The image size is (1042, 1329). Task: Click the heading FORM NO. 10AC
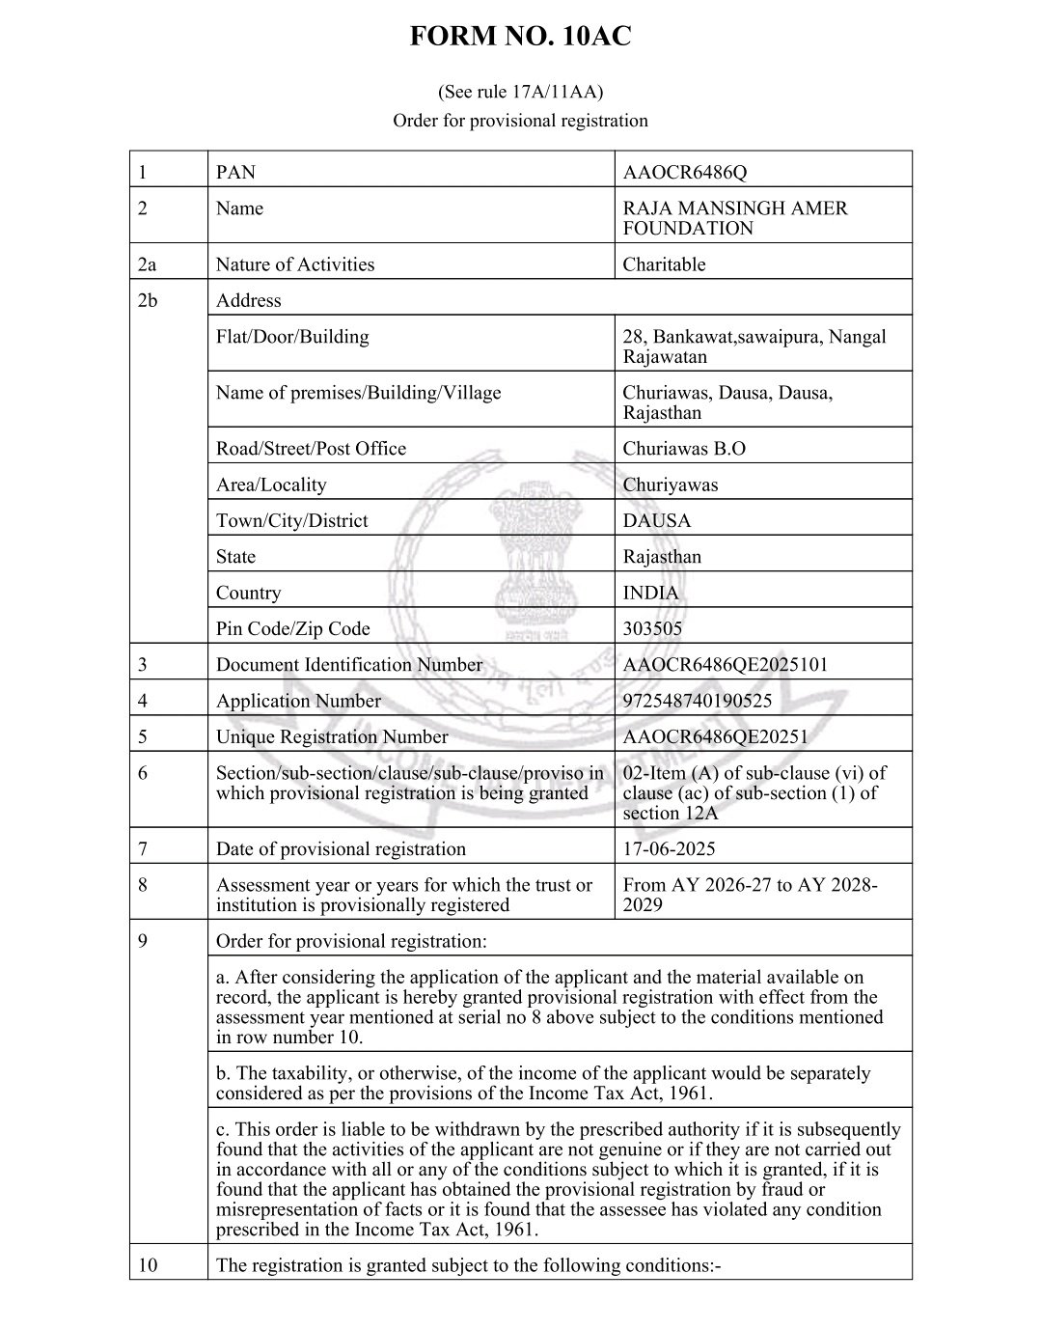[520, 37]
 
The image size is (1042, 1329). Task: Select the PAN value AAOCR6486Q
[684, 173]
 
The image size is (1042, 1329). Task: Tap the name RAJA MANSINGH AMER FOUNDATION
[734, 218]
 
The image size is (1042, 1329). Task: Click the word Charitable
[664, 264]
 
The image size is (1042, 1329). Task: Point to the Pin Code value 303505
[652, 628]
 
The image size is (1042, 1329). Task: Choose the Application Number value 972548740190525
[697, 701]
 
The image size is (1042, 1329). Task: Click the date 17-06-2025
[669, 849]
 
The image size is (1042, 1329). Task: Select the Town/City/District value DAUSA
[656, 520]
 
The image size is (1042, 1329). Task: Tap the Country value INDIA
[650, 593]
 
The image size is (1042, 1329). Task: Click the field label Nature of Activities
[294, 264]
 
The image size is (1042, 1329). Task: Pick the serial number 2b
[148, 300]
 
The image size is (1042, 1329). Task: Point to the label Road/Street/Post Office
[311, 449]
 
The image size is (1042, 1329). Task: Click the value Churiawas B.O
[683, 449]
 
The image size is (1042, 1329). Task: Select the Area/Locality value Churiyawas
[670, 485]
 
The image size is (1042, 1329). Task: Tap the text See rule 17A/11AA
[520, 93]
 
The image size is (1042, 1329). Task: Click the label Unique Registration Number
[332, 737]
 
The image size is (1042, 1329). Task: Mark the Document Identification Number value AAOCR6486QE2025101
[725, 665]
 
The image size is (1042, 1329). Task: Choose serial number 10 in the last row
[148, 1265]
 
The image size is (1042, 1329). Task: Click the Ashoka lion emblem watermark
[529, 560]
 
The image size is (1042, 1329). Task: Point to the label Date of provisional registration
[341, 849]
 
